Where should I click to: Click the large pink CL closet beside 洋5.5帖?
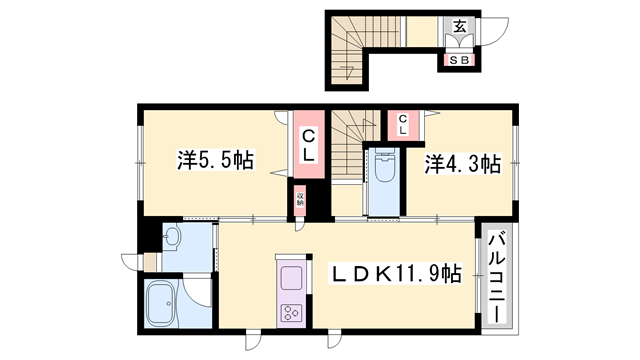pos(309,145)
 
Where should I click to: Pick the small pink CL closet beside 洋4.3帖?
pos(402,124)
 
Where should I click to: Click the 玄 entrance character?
pos(459,27)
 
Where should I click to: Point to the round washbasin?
pos(171,238)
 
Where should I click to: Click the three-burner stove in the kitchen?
pos(294,311)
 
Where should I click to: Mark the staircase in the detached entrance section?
pos(351,50)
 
